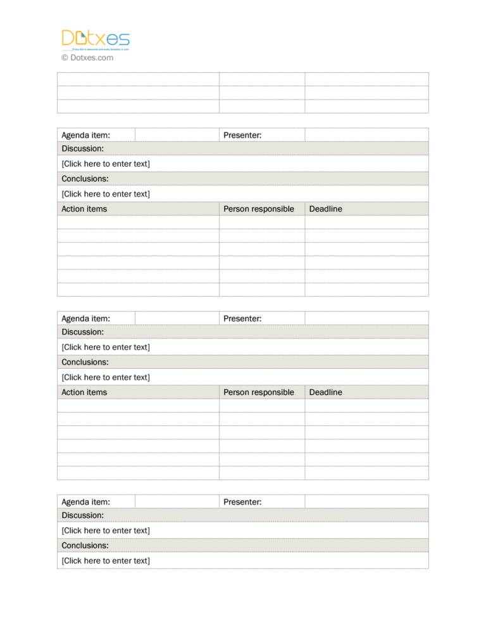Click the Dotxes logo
click(96, 39)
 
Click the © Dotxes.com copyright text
click(87, 58)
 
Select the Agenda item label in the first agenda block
click(85, 135)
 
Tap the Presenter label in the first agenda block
click(242, 135)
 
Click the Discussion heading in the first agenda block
click(83, 148)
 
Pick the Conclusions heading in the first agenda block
click(85, 179)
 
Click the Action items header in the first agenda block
click(84, 209)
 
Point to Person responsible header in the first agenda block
click(259, 209)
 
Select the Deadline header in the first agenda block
click(325, 209)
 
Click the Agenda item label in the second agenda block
click(85, 318)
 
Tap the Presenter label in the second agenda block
click(242, 318)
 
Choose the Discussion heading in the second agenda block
click(83, 331)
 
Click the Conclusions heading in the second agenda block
click(85, 362)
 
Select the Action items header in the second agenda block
click(84, 392)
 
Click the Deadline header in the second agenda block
click(325, 392)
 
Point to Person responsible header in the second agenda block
click(259, 392)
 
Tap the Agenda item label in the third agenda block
click(85, 502)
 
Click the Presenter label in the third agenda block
click(242, 502)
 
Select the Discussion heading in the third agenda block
click(83, 515)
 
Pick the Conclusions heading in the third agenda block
click(85, 545)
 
